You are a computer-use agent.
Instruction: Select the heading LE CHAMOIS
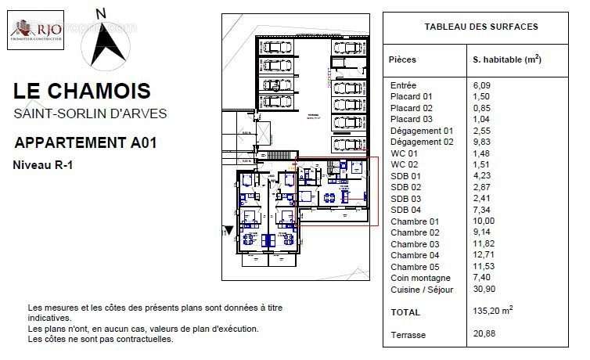click(x=82, y=91)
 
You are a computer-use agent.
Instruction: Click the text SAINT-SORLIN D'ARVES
click(x=90, y=113)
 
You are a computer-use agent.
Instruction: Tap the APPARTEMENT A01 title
click(x=86, y=142)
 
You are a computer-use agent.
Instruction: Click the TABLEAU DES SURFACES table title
click(x=480, y=27)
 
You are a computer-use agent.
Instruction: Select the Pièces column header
click(x=403, y=59)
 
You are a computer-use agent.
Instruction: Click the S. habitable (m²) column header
click(x=507, y=59)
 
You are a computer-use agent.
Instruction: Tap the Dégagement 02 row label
click(x=421, y=142)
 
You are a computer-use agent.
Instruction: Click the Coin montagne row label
click(x=419, y=278)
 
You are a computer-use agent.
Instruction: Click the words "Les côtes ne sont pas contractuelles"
click(x=100, y=340)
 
